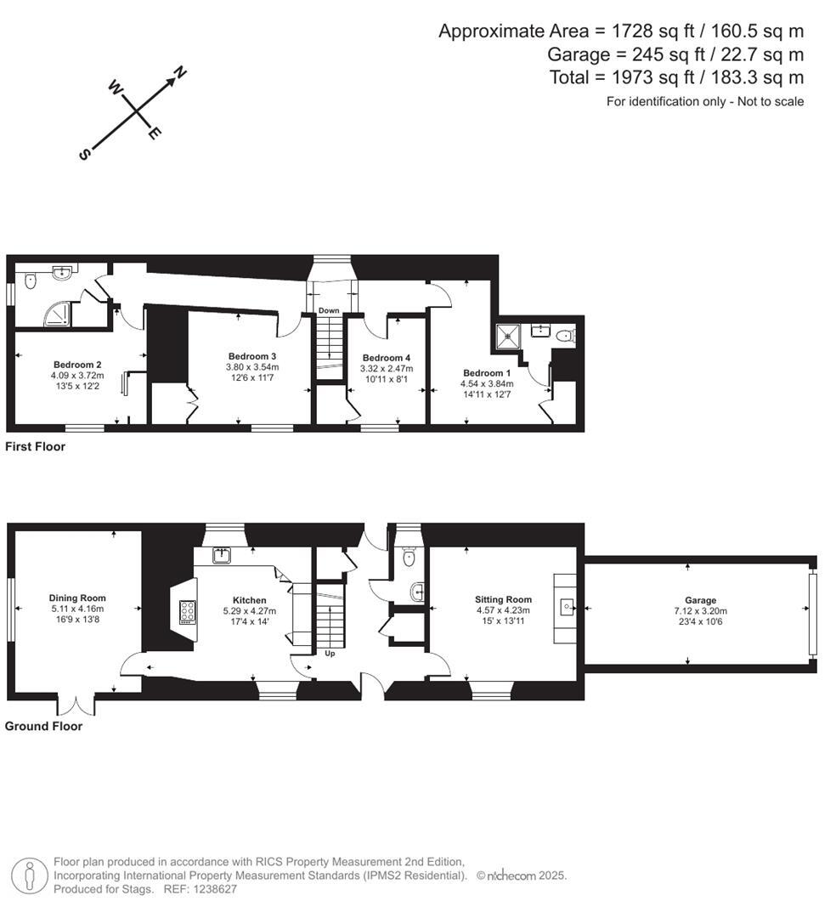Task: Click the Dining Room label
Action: (x=76, y=598)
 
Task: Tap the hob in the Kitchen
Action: (x=188, y=611)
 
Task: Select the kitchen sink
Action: (x=222, y=556)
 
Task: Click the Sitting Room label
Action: (x=503, y=599)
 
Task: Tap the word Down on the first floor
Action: (x=329, y=311)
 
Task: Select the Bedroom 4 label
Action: (x=386, y=358)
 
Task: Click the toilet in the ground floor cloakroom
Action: (x=409, y=558)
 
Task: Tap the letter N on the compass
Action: (x=180, y=73)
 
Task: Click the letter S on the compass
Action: (x=84, y=154)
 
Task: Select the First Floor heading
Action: (x=35, y=446)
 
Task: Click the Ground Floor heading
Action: (x=43, y=727)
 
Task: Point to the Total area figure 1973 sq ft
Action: (x=675, y=77)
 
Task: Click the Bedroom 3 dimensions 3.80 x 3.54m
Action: (x=251, y=367)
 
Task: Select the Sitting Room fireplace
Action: (x=566, y=607)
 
